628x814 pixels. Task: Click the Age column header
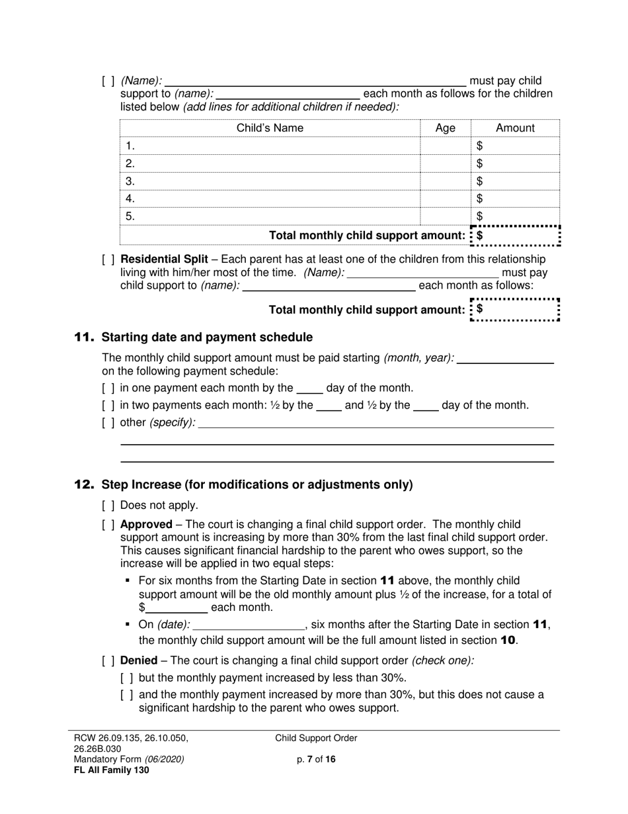[446, 128]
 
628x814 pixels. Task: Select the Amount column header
[515, 128]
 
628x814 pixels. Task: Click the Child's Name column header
[270, 128]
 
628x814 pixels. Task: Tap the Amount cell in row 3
[515, 181]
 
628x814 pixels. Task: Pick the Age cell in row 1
[446, 146]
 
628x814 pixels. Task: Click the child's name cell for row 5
[270, 216]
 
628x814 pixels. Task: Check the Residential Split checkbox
[108, 259]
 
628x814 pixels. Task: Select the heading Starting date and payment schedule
[207, 338]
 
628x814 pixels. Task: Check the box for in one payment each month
[108, 388]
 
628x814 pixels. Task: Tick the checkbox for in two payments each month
[108, 406]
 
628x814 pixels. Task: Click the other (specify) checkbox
[108, 423]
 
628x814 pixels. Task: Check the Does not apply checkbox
[108, 506]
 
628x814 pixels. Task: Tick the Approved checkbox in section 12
[108, 525]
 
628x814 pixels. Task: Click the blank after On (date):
[248, 625]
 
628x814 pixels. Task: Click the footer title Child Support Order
[316, 739]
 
